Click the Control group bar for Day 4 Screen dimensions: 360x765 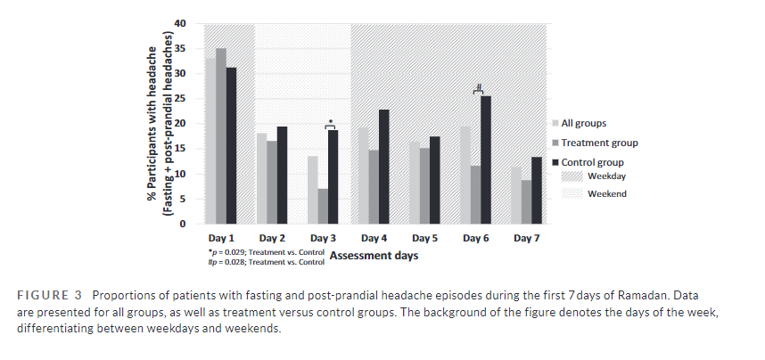click(x=383, y=167)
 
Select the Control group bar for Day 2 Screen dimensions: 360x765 click(x=282, y=176)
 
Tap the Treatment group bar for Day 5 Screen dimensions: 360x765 click(x=423, y=185)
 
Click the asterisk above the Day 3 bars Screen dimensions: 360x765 click(x=331, y=121)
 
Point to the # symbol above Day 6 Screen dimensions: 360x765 click(x=479, y=87)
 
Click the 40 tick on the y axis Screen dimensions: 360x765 click(x=180, y=23)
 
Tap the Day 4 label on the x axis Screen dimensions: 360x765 click(x=374, y=239)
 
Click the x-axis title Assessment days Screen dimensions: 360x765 click(x=374, y=256)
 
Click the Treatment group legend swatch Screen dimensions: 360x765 click(x=556, y=143)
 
